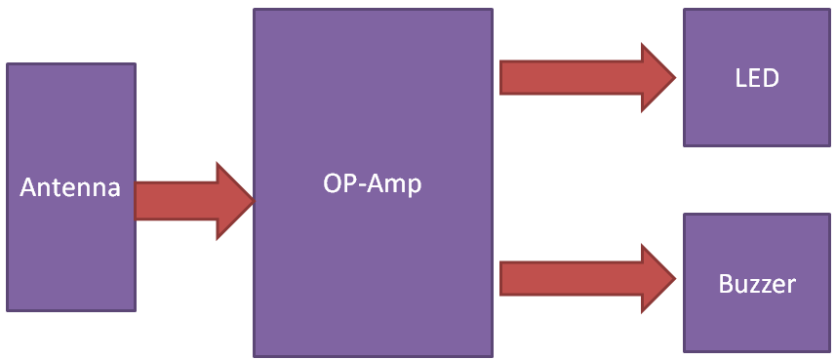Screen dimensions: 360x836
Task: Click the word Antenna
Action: tap(70, 187)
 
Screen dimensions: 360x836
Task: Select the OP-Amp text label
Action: tap(373, 182)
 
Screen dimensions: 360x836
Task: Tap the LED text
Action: tap(757, 78)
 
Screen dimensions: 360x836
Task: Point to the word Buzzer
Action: tap(757, 284)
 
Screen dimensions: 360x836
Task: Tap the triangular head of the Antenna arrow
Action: tap(234, 201)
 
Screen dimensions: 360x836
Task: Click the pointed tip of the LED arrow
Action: tap(674, 78)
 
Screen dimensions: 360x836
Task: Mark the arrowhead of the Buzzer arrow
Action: tap(659, 278)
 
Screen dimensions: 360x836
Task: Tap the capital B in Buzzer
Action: tap(726, 284)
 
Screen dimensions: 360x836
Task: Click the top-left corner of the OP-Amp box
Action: tap(255, 11)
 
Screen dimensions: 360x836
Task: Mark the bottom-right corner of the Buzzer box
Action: tap(829, 351)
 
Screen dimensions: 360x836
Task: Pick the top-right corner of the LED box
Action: tap(829, 11)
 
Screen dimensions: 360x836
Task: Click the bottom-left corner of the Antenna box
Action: tap(8, 310)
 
